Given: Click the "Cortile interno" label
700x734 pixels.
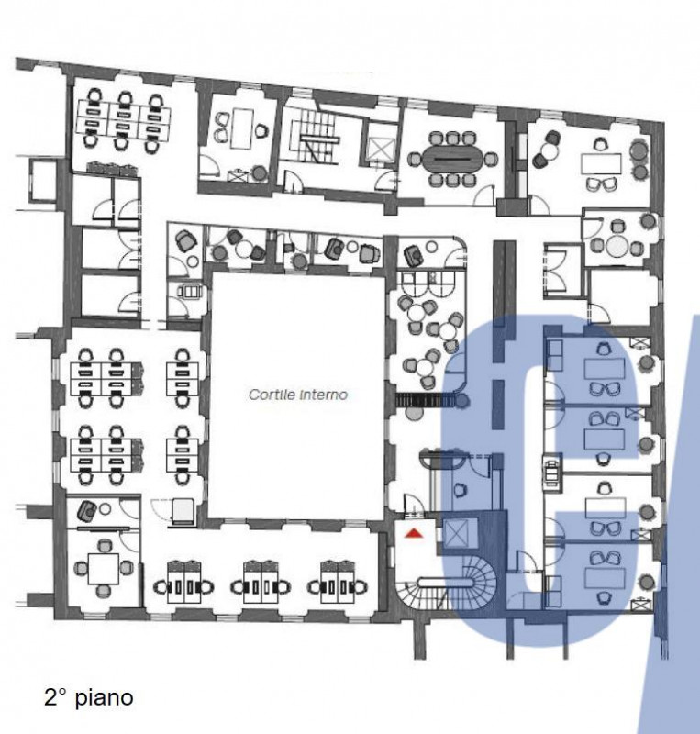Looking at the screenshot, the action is coord(298,395).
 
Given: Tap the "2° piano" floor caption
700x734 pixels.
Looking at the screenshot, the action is coord(88,697).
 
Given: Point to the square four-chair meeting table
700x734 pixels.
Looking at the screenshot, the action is coord(104,568).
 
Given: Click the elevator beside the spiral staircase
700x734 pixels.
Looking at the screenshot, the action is coord(457,534).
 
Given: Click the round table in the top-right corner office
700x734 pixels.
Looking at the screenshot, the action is coord(547,150).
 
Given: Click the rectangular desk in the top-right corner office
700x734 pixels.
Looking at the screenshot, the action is coord(601,164).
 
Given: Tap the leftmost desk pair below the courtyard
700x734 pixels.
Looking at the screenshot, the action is coord(184,587).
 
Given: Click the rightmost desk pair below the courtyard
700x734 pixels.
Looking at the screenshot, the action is coord(338,587).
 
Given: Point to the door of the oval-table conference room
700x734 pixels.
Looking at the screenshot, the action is coord(484,195).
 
